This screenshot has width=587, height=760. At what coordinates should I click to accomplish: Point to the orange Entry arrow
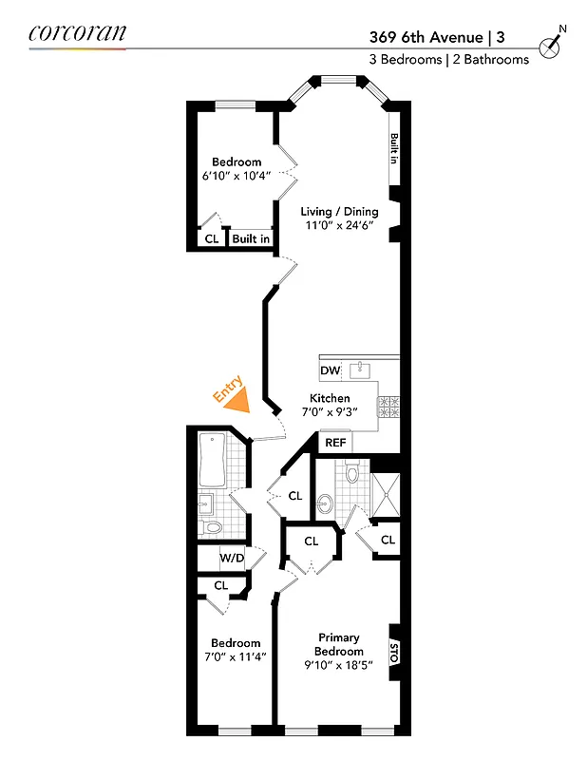[236, 398]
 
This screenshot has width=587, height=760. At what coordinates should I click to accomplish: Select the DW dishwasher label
[330, 370]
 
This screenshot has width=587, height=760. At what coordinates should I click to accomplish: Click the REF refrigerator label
[335, 443]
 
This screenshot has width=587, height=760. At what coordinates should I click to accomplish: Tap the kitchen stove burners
[389, 407]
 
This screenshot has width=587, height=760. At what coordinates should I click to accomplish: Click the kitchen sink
[361, 369]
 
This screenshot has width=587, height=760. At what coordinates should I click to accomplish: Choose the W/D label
[233, 558]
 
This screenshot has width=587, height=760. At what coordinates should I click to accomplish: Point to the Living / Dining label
[339, 212]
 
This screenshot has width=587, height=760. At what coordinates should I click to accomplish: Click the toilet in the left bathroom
[213, 526]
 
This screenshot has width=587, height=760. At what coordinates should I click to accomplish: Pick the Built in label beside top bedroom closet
[251, 239]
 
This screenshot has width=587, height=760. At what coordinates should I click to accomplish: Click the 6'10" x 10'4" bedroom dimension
[237, 176]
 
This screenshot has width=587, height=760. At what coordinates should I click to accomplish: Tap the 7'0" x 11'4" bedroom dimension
[236, 656]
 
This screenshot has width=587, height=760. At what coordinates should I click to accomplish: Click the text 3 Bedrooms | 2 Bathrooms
[449, 59]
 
